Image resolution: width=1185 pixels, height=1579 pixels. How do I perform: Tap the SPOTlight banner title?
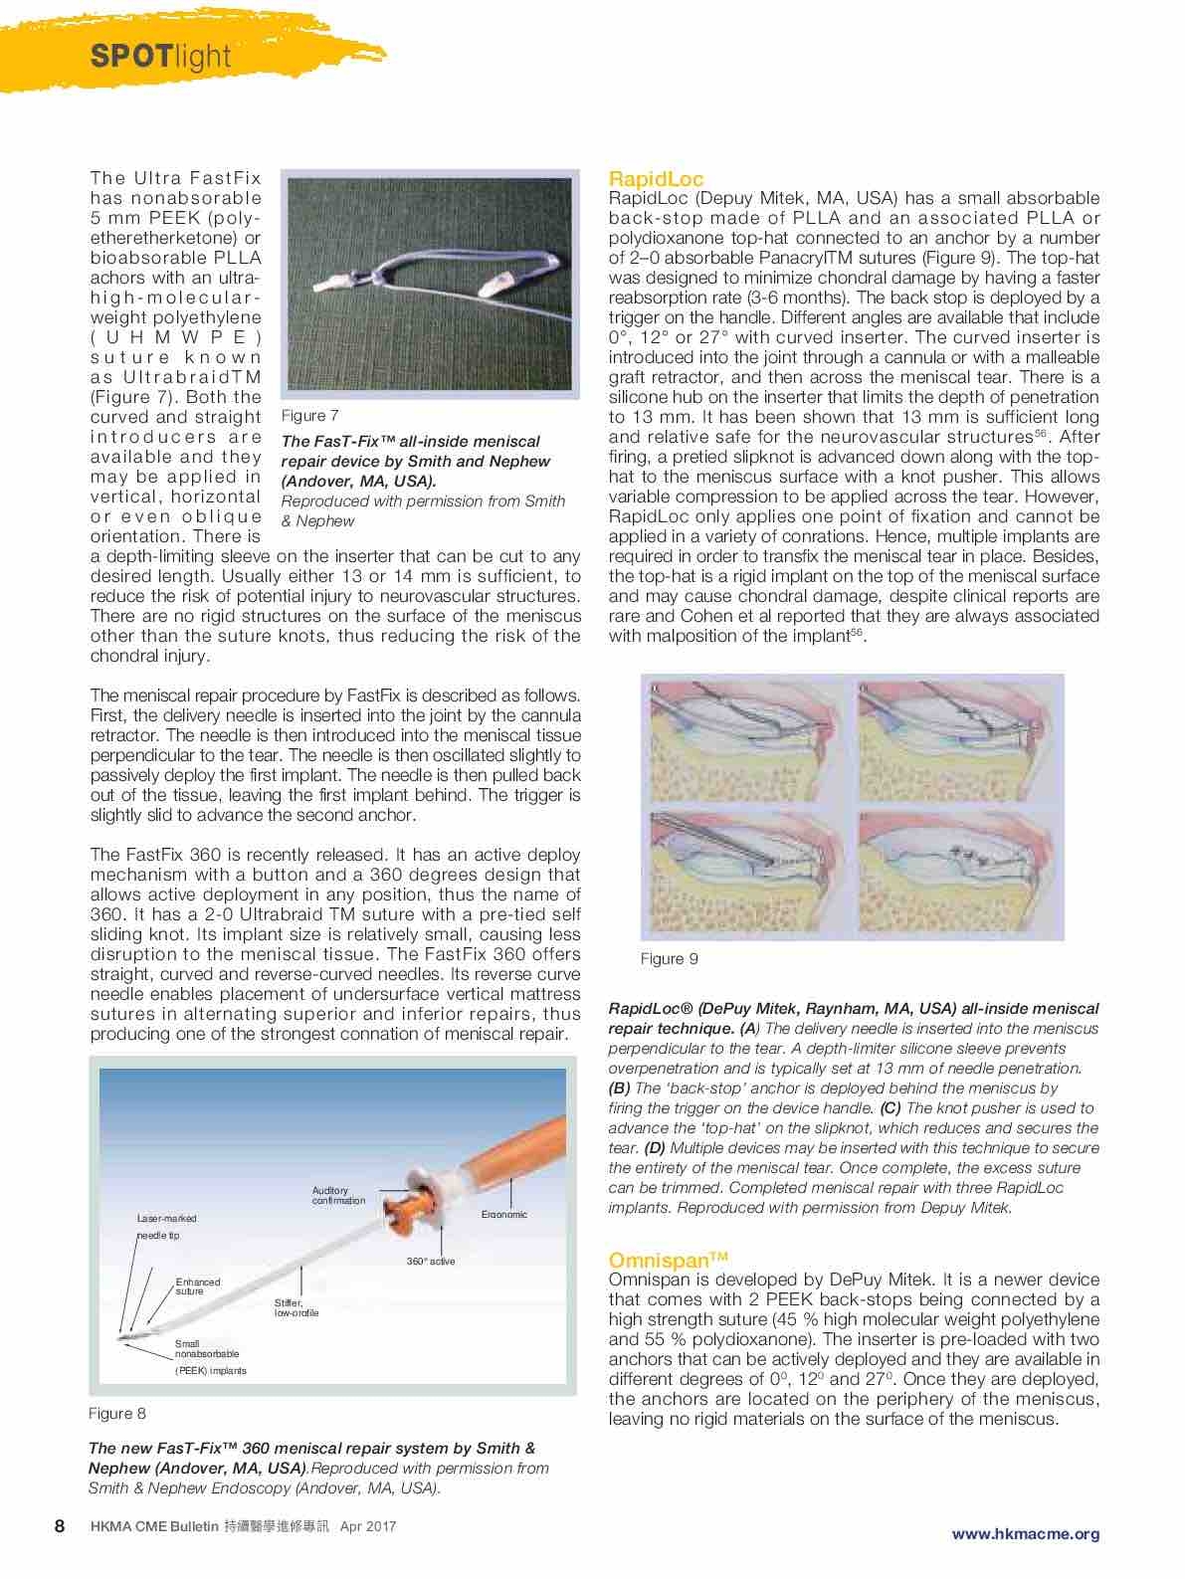pyautogui.click(x=160, y=57)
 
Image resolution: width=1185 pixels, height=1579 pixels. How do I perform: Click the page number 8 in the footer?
pyautogui.click(x=60, y=1526)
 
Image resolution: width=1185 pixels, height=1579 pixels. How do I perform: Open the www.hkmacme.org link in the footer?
pyautogui.click(x=1026, y=1533)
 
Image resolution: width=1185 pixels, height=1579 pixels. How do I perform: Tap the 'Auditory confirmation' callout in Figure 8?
pyautogui.click(x=338, y=1195)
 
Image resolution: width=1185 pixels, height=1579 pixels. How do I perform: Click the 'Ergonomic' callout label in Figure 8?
pyautogui.click(x=503, y=1214)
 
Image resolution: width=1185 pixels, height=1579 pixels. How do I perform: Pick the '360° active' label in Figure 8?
pyautogui.click(x=431, y=1262)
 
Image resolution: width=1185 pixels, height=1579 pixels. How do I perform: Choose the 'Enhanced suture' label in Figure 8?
pyautogui.click(x=198, y=1286)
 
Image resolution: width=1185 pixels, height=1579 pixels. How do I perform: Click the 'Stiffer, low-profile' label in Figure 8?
pyautogui.click(x=296, y=1307)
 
